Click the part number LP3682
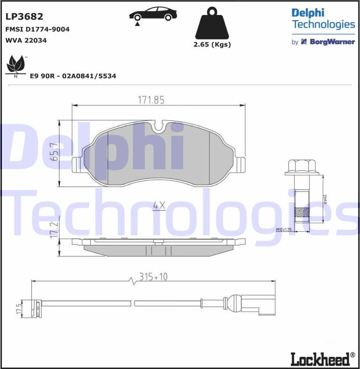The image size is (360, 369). tap(24, 17)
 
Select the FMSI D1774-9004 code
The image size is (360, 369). tap(37, 29)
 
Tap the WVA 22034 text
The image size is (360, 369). tap(26, 41)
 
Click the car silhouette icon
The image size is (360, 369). tap(153, 15)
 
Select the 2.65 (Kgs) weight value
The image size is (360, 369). tap(212, 45)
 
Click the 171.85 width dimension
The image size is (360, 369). tap(151, 100)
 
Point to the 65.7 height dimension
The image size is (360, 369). tap(55, 152)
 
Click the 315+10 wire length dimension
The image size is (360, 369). tap(153, 277)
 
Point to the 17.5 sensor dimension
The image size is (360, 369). tap(19, 308)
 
